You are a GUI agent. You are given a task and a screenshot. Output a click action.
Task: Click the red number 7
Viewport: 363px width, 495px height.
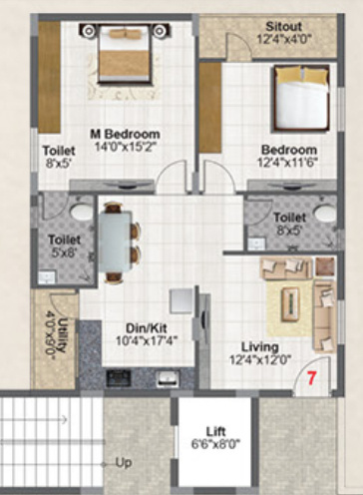(x=311, y=378)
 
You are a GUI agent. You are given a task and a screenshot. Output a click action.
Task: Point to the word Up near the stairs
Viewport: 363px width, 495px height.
(x=124, y=464)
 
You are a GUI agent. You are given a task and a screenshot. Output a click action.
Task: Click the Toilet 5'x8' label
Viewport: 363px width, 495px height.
(x=66, y=246)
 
